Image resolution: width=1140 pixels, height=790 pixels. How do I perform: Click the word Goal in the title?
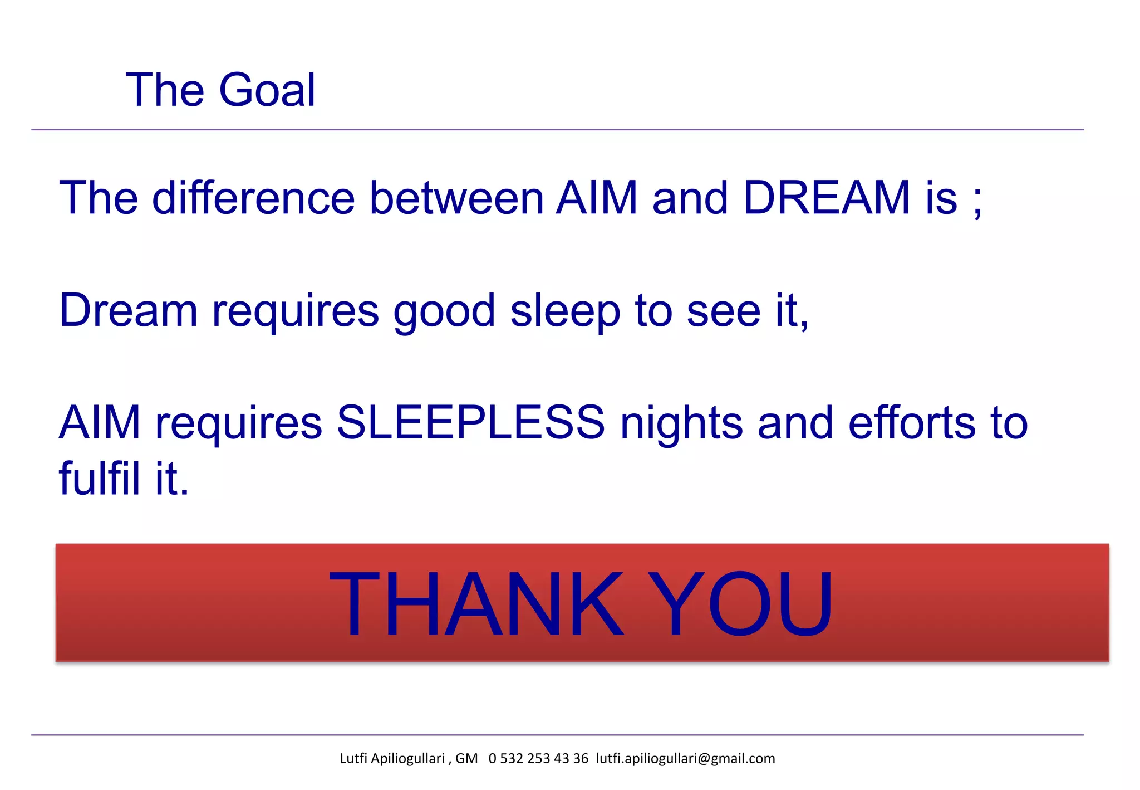coord(267,90)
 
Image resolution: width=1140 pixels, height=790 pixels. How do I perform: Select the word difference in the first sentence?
coord(253,198)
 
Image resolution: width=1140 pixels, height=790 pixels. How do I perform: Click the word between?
coord(456,198)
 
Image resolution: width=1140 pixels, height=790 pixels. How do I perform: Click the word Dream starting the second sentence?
coord(128,310)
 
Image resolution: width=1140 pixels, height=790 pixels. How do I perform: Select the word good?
coord(444,312)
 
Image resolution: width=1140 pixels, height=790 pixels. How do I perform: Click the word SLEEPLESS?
coord(471,422)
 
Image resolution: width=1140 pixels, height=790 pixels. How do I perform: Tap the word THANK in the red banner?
coord(476,604)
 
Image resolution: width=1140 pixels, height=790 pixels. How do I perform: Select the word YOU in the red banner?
coord(740,604)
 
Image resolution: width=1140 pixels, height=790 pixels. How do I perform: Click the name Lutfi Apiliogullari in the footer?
coord(392,759)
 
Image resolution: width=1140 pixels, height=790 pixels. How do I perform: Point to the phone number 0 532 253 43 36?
coord(538,759)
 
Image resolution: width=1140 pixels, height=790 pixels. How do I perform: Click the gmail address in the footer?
coord(685,759)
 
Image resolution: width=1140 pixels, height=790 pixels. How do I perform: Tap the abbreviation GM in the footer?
coord(466,759)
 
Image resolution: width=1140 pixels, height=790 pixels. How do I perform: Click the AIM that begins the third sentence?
coord(99,422)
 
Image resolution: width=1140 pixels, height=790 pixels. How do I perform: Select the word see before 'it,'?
coord(723,312)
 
